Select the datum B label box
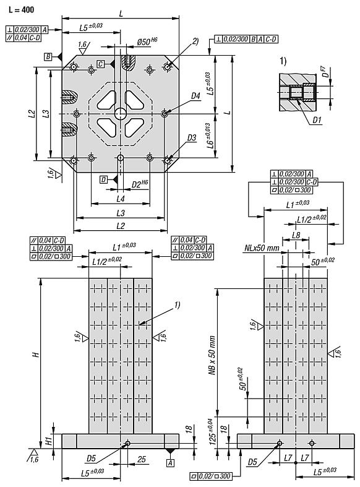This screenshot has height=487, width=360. tap(48, 56)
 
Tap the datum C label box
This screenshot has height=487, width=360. tap(100, 64)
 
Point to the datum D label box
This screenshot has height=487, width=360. tap(104, 179)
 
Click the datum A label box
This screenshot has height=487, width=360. tap(169, 462)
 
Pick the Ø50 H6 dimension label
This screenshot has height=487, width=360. tap(146, 42)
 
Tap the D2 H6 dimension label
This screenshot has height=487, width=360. tap(140, 184)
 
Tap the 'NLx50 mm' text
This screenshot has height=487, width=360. tap(260, 248)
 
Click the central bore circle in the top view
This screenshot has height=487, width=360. tap(119, 113)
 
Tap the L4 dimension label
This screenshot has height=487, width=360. tap(121, 198)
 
